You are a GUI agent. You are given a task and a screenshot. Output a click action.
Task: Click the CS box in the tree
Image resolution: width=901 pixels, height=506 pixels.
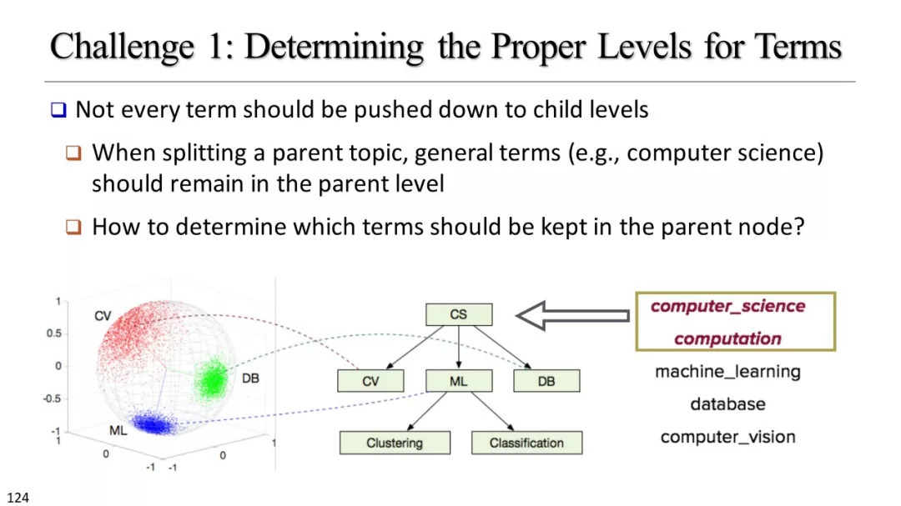click(459, 315)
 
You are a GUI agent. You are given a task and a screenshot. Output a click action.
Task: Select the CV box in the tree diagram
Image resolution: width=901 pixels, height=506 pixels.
click(370, 381)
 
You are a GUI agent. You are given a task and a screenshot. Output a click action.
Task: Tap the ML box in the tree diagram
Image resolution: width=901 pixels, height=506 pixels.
click(459, 381)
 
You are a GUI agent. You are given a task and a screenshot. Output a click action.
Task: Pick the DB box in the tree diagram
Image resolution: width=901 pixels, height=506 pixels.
click(546, 381)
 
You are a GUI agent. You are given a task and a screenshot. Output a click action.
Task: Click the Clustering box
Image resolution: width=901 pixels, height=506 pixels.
click(395, 443)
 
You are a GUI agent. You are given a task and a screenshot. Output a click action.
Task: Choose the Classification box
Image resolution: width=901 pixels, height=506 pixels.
click(526, 443)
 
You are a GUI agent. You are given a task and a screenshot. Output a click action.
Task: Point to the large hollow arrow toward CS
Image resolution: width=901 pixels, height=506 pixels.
click(572, 315)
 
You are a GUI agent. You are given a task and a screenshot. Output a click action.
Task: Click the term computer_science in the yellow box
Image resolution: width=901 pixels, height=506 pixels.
click(727, 306)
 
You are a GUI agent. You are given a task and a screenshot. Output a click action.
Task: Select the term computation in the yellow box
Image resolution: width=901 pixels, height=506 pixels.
click(727, 339)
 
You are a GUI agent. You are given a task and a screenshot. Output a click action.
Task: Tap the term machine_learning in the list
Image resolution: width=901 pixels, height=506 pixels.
click(727, 372)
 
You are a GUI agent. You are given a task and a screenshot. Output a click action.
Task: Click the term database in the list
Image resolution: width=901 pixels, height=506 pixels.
click(727, 404)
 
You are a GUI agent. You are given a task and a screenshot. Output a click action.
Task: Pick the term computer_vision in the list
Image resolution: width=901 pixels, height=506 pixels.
click(727, 437)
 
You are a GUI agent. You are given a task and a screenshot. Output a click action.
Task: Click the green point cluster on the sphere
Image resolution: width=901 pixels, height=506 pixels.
click(214, 379)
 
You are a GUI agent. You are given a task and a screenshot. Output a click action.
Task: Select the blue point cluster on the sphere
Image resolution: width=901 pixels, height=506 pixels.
click(154, 423)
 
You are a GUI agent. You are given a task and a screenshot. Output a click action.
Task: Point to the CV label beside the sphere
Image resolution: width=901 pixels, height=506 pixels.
click(103, 316)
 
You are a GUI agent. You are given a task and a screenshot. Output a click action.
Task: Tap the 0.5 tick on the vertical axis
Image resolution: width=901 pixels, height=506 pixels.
click(54, 333)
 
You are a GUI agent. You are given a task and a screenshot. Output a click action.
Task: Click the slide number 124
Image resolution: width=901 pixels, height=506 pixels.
click(18, 498)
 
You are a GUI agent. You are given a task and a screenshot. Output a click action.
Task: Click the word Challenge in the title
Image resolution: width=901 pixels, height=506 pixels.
click(122, 47)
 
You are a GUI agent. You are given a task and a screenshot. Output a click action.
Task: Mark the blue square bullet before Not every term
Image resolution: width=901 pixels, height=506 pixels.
click(58, 109)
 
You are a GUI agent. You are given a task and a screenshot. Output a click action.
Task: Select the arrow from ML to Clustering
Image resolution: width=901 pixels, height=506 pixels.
click(427, 411)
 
